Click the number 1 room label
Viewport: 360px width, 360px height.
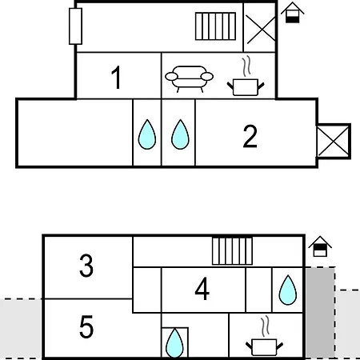(x=117, y=78)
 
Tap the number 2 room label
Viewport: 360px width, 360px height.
(x=250, y=136)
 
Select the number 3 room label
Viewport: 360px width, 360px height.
(x=86, y=266)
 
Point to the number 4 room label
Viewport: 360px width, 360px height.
(x=202, y=289)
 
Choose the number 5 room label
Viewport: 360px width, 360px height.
(x=86, y=326)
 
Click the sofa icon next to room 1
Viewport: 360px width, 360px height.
(x=189, y=79)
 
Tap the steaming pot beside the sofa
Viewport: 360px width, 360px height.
(x=246, y=76)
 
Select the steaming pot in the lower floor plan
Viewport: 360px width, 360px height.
(x=264, y=336)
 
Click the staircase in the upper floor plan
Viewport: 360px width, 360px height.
(x=215, y=26)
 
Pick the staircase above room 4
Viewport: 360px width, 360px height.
(x=232, y=250)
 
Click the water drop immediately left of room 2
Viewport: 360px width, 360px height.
(x=180, y=134)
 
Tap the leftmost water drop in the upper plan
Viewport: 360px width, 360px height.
(x=147, y=134)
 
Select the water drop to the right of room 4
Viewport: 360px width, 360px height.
(x=288, y=290)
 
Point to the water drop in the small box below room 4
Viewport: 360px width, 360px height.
(x=174, y=342)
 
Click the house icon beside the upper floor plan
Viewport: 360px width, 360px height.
(x=293, y=13)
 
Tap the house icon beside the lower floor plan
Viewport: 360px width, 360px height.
(x=320, y=246)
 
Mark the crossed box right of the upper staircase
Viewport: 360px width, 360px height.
(x=260, y=28)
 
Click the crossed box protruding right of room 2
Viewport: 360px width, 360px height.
(x=334, y=142)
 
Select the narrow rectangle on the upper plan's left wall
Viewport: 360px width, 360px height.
(x=75, y=26)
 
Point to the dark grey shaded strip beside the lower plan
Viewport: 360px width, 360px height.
(x=320, y=313)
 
